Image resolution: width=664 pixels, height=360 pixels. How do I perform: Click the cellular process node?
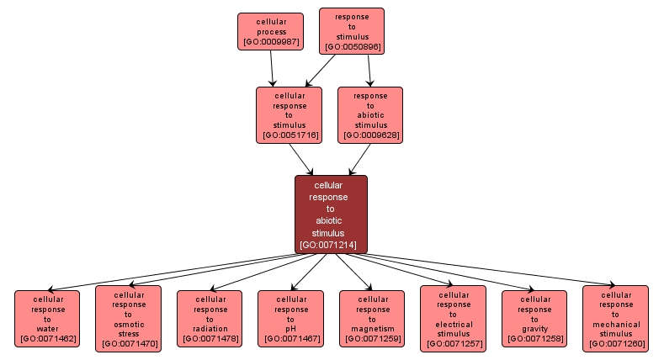269,31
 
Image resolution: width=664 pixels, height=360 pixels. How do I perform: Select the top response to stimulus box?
351,31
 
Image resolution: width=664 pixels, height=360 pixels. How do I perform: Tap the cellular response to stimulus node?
290,115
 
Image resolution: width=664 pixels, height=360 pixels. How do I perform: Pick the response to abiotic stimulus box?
370,115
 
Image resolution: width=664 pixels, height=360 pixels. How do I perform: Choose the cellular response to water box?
47,319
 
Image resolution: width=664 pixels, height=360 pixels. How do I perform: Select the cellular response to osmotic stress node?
128,319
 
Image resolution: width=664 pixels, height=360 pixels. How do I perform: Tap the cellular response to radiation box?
209,319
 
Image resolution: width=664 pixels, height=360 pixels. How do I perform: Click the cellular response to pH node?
290,319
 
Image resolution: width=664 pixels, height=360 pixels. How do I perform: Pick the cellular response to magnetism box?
371,319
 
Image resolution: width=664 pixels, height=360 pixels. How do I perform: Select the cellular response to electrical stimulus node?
453,319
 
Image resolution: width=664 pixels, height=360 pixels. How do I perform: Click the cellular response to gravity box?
534,319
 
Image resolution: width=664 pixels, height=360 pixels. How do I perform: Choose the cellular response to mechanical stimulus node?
615,319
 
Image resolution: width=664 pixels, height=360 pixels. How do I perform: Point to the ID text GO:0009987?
270,41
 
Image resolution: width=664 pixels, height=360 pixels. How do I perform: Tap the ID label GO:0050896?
352,46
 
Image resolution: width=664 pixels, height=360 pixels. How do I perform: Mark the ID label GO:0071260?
615,343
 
